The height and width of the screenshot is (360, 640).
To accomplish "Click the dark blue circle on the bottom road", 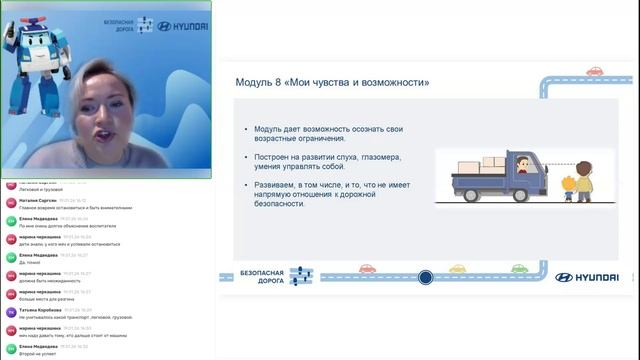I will click(425, 277).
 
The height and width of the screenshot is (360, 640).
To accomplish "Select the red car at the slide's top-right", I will click(594, 71).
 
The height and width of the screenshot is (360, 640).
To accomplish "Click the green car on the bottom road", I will click(519, 268).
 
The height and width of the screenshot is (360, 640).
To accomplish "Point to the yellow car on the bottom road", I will click(458, 268).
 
